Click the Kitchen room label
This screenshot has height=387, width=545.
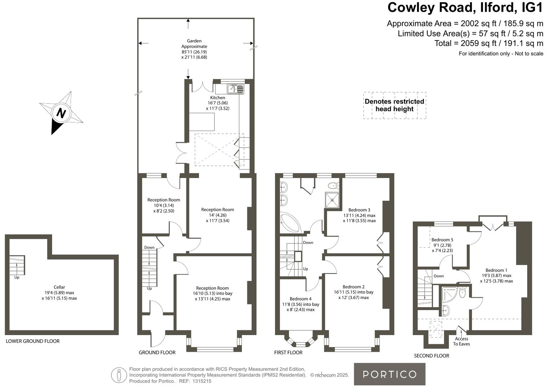pyautogui.click(x=218, y=98)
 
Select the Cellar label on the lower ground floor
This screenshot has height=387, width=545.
pyautogui.click(x=59, y=287)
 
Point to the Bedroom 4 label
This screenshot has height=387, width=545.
pyautogui.click(x=300, y=299)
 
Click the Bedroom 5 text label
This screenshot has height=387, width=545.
pyautogui.click(x=442, y=240)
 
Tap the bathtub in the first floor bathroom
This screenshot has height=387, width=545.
pyautogui.click(x=291, y=223)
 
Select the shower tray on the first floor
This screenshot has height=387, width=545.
pyautogui.click(x=332, y=200)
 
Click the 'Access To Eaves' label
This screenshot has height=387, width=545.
pyautogui.click(x=462, y=341)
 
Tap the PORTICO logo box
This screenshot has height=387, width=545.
pyautogui.click(x=389, y=374)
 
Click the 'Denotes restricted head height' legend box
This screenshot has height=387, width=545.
pyautogui.click(x=394, y=105)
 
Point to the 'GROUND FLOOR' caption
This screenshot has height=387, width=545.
pyautogui.click(x=157, y=352)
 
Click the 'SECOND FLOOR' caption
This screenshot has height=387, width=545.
pyautogui.click(x=431, y=356)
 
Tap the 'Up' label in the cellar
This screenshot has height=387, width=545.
pyautogui.click(x=17, y=277)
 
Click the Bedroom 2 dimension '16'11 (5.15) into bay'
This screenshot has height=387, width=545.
pyautogui.click(x=353, y=292)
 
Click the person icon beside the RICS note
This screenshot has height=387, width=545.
pyautogui.click(x=119, y=375)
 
